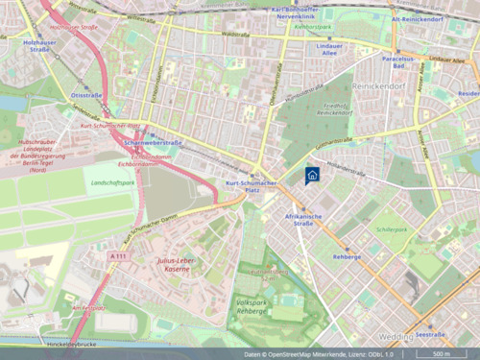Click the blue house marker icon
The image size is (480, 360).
(x=311, y=175)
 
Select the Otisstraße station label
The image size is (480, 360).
(x=86, y=95)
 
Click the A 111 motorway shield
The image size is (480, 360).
(x=118, y=256)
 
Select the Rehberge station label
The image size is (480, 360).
(x=347, y=256)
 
